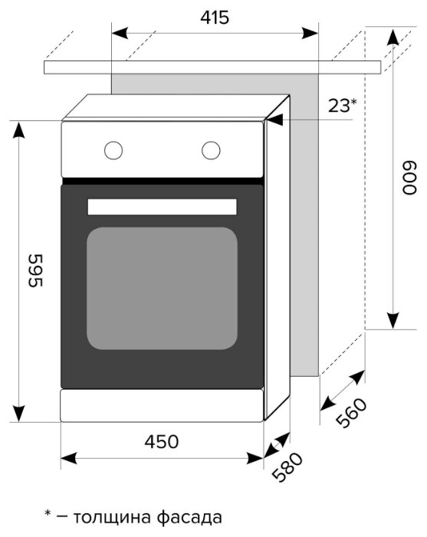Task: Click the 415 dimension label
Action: point(215,18)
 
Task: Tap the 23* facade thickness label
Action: point(343,106)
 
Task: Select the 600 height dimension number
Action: point(409,178)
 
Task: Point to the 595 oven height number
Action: point(35,270)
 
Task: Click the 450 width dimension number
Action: point(162,442)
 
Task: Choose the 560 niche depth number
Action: point(351,412)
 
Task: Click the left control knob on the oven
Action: point(113,150)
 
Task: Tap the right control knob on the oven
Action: point(211,150)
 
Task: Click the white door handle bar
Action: point(162,207)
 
